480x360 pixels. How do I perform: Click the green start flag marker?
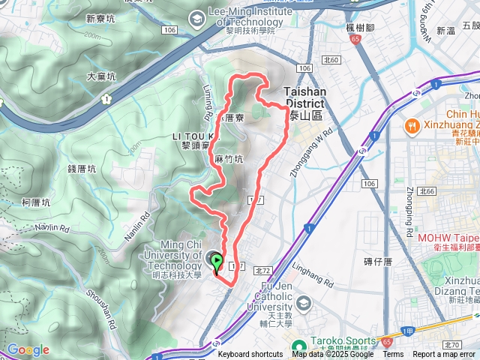click(217, 263)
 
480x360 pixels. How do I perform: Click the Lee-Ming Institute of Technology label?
click(234, 13)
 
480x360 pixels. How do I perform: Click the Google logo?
click(28, 350)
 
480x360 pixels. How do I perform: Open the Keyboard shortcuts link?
click(250, 354)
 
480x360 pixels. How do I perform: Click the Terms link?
click(393, 354)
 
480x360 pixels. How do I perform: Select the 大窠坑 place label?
click(101, 76)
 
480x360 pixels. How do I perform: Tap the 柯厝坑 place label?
click(36, 202)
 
